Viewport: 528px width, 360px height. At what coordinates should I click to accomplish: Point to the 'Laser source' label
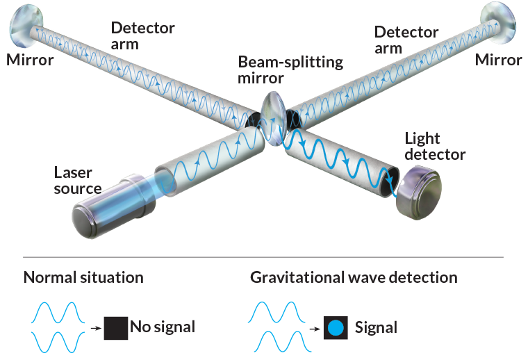pos(78,180)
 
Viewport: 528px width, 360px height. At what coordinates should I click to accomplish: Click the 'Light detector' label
pos(437,146)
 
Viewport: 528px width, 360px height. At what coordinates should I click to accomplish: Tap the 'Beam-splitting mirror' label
pos(290,69)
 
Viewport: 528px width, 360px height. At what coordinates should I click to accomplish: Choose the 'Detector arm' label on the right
pos(406,40)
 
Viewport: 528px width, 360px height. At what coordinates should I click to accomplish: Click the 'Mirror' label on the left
pos(31,60)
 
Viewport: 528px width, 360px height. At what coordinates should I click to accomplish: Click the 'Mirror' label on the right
pos(498,60)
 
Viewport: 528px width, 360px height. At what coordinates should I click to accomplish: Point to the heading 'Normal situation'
pos(83,277)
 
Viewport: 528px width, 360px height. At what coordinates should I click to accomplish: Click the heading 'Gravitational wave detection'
pos(353,277)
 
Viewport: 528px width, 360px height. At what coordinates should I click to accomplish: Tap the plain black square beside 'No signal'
pos(115,327)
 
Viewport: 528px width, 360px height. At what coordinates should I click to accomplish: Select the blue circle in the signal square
pos(336,327)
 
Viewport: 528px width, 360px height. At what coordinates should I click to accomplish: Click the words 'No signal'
pos(163,327)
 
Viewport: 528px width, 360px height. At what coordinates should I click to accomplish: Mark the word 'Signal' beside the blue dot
pos(376,327)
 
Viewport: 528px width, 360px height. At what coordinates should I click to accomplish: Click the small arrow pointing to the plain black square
pos(95,326)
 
